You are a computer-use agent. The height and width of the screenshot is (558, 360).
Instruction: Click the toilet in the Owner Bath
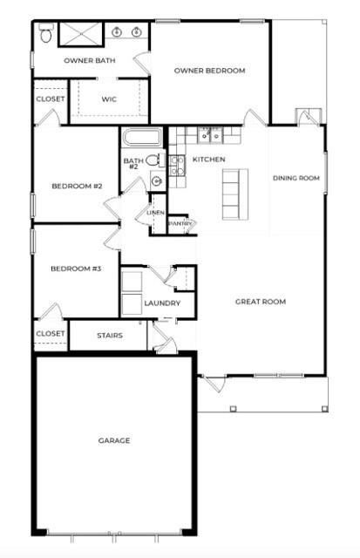[45, 33]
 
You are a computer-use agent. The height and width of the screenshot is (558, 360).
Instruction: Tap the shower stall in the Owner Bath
[81, 34]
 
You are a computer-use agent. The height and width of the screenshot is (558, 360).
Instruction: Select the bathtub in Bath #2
[141, 138]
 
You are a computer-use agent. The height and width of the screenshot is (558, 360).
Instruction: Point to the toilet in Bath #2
[155, 160]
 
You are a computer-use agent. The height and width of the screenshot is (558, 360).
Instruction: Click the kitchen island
[235, 194]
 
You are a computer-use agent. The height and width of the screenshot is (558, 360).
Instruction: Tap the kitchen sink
[210, 135]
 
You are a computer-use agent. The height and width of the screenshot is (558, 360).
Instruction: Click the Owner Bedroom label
[209, 71]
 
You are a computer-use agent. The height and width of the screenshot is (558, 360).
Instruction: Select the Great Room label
[261, 302]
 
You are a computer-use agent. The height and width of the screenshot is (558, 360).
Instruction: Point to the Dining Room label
[296, 178]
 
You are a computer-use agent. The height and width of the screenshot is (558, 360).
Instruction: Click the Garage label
[114, 440]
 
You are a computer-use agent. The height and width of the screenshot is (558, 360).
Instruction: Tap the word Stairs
[110, 335]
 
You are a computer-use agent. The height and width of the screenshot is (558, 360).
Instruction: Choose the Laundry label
[162, 303]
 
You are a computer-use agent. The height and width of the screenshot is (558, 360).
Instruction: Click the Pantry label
[181, 223]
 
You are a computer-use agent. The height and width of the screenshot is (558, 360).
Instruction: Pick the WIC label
[109, 99]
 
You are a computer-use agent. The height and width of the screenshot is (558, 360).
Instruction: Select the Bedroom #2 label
[78, 186]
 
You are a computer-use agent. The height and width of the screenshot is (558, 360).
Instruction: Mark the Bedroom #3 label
[76, 269]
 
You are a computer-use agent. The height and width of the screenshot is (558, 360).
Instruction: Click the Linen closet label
[155, 213]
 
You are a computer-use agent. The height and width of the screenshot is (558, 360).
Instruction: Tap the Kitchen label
[209, 159]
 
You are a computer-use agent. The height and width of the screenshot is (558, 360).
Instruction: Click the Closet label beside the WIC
[51, 99]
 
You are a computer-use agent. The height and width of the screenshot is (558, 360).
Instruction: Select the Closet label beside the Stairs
[51, 333]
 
